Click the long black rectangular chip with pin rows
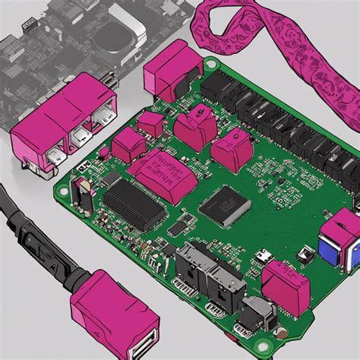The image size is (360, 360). (134, 202)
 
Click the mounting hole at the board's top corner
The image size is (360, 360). (209, 62)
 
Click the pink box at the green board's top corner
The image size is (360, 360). (172, 72)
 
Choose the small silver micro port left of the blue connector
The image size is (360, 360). (263, 257)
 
